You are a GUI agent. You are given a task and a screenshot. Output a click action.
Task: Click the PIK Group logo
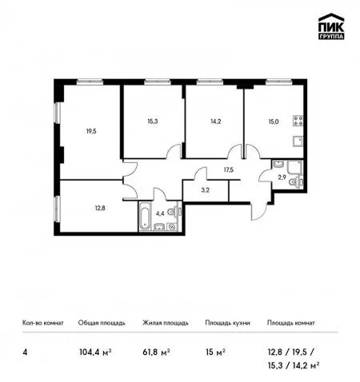(x=331, y=26)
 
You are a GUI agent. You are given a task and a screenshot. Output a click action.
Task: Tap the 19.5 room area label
(x=91, y=131)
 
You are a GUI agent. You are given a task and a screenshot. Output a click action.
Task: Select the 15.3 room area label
(x=153, y=121)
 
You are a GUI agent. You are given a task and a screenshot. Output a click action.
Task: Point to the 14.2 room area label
(x=215, y=121)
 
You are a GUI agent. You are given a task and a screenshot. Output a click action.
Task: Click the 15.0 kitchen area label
(x=274, y=121)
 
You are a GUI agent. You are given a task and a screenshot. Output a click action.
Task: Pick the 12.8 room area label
(x=100, y=208)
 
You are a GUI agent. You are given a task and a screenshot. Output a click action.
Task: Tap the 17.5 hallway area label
(x=229, y=169)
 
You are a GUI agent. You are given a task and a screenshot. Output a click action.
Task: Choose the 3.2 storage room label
(x=205, y=190)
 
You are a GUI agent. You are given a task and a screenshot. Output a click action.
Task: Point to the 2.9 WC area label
(x=282, y=177)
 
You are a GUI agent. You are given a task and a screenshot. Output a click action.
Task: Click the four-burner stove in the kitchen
(x=298, y=121)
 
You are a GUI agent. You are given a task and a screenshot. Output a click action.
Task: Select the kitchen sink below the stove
(x=298, y=141)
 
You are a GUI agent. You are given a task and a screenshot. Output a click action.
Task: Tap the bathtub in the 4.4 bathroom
(x=145, y=217)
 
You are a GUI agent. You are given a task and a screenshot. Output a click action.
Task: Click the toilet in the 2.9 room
(x=296, y=182)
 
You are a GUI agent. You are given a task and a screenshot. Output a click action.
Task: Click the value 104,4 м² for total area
(x=95, y=352)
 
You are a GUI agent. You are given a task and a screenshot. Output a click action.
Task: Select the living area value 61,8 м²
(x=157, y=352)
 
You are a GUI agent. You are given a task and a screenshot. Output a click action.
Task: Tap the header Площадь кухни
(x=227, y=323)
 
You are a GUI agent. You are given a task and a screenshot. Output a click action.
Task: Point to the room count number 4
(x=25, y=352)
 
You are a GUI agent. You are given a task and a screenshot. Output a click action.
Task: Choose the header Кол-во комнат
(x=43, y=323)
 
